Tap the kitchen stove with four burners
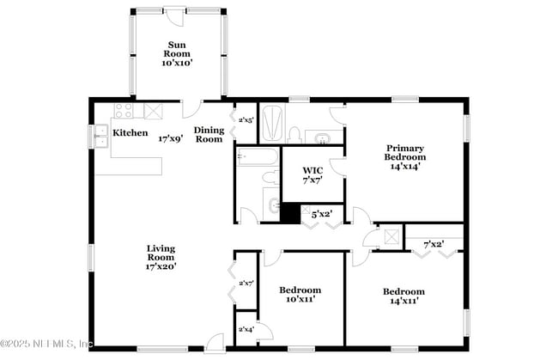click(124, 111)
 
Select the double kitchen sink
click(99, 137)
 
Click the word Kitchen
click(130, 134)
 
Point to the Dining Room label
click(209, 134)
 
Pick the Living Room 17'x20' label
click(161, 257)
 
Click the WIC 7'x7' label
click(312, 174)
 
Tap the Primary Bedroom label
click(405, 156)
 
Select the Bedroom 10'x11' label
click(300, 295)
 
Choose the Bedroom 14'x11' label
click(403, 296)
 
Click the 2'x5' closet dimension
click(246, 120)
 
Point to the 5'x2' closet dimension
click(321, 213)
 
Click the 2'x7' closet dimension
click(246, 283)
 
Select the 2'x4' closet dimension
click(246, 329)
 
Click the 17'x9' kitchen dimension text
click(171, 138)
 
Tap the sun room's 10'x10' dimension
click(178, 63)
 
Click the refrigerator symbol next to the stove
click(154, 111)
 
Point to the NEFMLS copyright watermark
click(47, 345)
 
